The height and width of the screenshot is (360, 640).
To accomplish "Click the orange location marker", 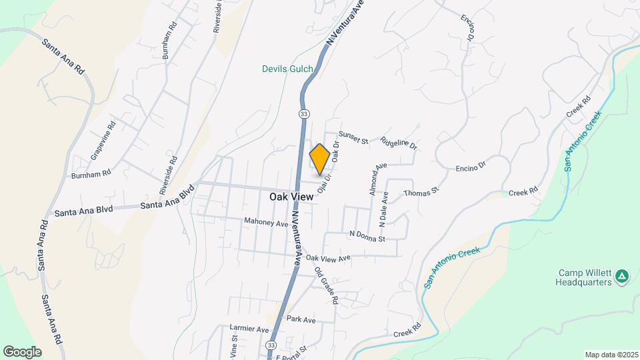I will (319, 159).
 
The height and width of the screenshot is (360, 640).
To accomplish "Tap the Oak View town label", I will (291, 197).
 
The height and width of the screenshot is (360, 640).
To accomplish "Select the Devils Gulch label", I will (287, 68).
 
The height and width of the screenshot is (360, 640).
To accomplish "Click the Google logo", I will (22, 351).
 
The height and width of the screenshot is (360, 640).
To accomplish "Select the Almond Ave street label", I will (377, 179).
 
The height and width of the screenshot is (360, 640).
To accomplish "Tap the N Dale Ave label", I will (385, 207).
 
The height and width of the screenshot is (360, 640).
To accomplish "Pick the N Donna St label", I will (367, 237).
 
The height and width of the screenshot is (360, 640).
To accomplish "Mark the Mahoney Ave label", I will (265, 223).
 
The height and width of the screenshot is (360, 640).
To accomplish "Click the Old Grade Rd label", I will (327, 285).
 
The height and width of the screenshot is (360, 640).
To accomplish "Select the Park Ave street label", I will (301, 319).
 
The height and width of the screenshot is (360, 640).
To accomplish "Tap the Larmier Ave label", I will (249, 329).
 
